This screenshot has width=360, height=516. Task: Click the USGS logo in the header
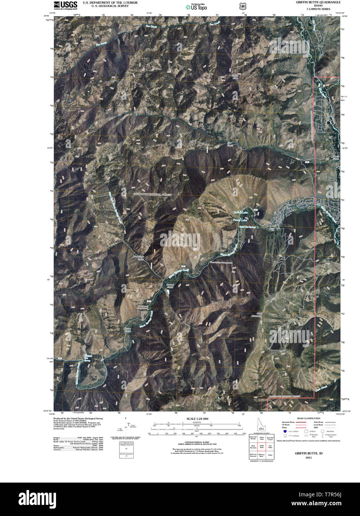pyautogui.click(x=65, y=5)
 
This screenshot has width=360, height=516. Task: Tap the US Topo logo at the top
pyautogui.click(x=196, y=6)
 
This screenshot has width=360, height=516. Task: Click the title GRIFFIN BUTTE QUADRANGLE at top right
pyautogui.click(x=318, y=2)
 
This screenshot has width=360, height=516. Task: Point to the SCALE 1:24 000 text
pyautogui.click(x=198, y=419)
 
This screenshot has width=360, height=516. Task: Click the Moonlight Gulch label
pyautogui.click(x=138, y=258)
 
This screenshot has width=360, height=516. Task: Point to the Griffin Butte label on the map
pyautogui.click(x=235, y=77)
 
